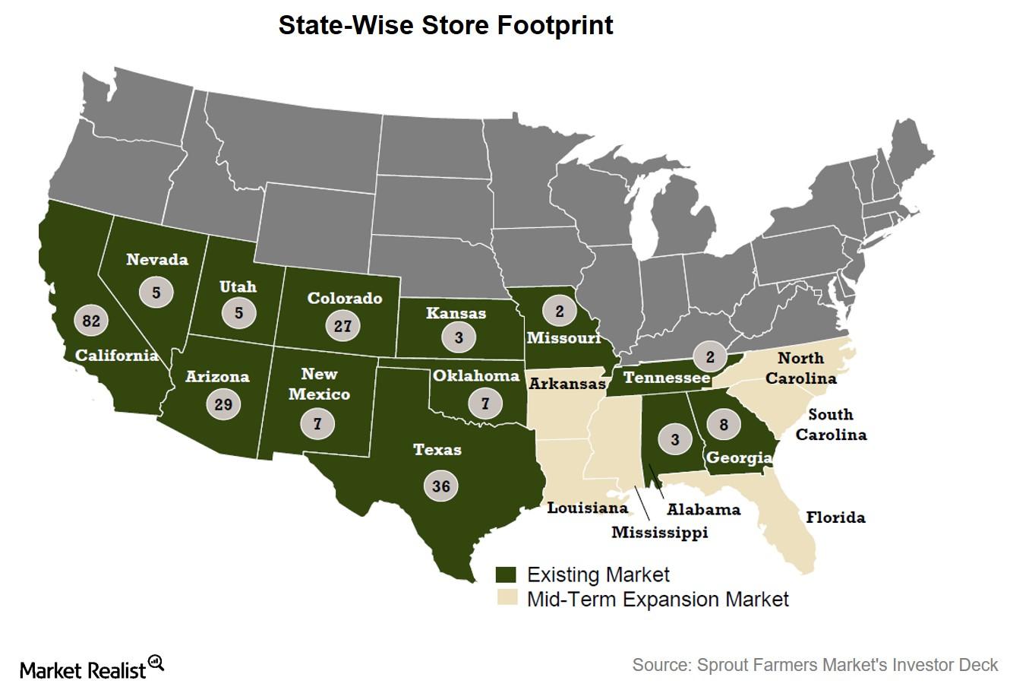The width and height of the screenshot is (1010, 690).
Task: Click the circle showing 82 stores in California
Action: pyautogui.click(x=91, y=321)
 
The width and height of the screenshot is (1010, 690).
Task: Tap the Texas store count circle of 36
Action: pyautogui.click(x=441, y=486)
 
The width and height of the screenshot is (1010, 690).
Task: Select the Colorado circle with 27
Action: pyautogui.click(x=342, y=326)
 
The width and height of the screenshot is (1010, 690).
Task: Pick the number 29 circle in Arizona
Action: pyautogui.click(x=223, y=404)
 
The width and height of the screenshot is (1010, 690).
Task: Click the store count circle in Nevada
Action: pyautogui.click(x=156, y=291)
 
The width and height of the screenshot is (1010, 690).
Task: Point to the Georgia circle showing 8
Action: pyautogui.click(x=724, y=425)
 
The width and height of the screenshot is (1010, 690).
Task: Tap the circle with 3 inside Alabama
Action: pyautogui.click(x=675, y=439)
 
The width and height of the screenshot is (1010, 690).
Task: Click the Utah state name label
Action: pyautogui.click(x=238, y=286)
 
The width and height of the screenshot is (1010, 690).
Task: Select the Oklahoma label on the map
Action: pyautogui.click(x=476, y=375)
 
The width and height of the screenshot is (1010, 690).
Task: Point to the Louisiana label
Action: pyautogui.click(x=588, y=508)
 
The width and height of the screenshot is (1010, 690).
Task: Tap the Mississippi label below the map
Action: pyautogui.click(x=659, y=532)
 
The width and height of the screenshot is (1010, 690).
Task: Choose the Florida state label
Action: pyautogui.click(x=835, y=517)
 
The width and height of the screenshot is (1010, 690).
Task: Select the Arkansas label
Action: pyautogui.click(x=567, y=384)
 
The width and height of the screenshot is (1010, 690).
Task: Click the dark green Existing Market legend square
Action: pyautogui.click(x=505, y=574)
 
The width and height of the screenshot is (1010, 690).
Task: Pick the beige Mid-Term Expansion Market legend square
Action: pyautogui.click(x=505, y=599)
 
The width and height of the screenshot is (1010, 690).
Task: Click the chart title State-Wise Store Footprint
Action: pyautogui.click(x=446, y=25)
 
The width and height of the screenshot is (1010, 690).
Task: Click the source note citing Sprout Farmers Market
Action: pyautogui.click(x=815, y=665)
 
